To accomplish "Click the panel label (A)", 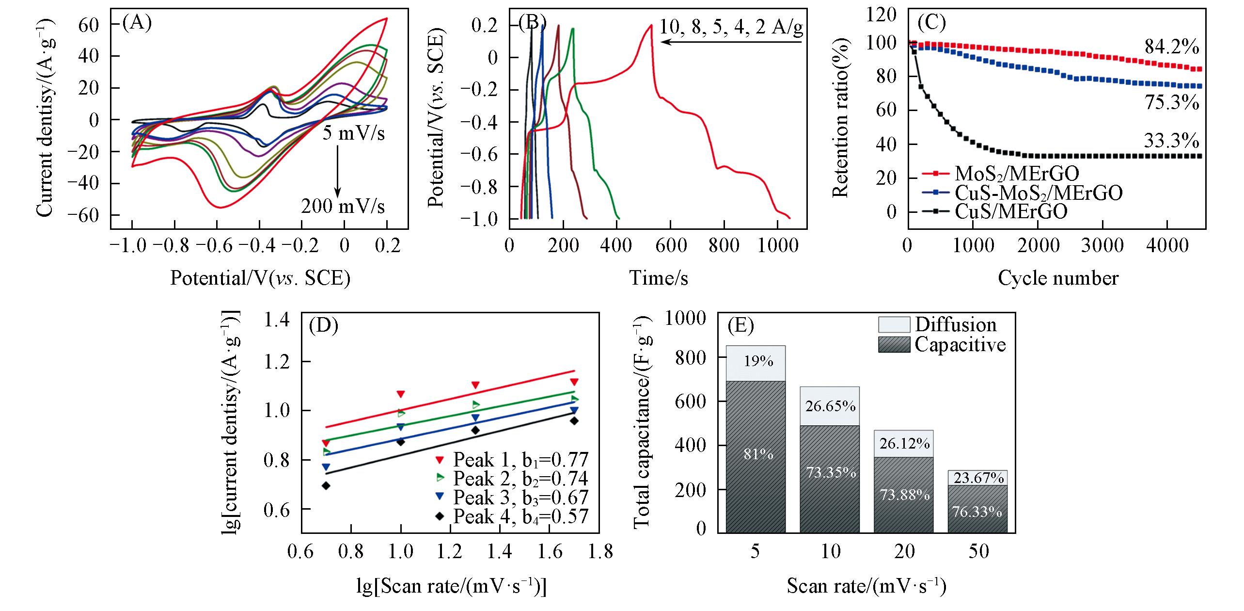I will click(137, 23).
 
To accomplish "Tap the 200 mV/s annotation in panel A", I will click(343, 206).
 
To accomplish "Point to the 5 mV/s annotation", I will click(354, 133).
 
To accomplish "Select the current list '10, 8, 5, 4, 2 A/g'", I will click(731, 27).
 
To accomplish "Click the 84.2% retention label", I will click(1171, 47).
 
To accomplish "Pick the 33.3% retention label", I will click(1171, 141).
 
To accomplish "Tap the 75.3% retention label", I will click(1171, 102).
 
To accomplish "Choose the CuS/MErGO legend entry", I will click(1010, 211).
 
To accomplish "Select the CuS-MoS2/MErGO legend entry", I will click(1038, 193).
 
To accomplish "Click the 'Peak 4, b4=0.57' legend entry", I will click(520, 516).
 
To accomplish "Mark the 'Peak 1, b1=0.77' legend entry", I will click(520, 459).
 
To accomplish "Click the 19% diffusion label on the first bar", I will click(758, 361).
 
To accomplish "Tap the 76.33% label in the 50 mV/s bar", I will click(977, 512).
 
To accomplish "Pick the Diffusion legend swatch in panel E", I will click(894, 324).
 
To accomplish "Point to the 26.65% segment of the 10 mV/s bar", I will click(830, 406).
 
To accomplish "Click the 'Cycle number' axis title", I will click(1058, 278).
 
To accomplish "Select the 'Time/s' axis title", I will click(659, 278).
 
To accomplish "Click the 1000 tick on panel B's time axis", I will click(778, 246).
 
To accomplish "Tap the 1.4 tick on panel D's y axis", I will click(277, 320).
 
